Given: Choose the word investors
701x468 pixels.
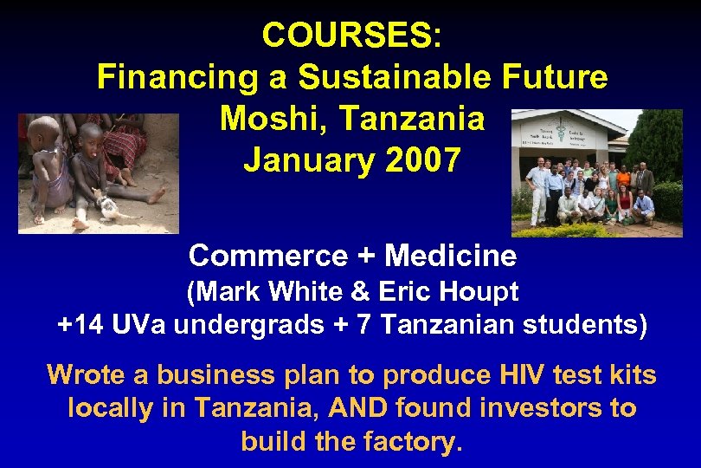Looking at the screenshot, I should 543,408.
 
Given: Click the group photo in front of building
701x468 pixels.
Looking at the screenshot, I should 596,173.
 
